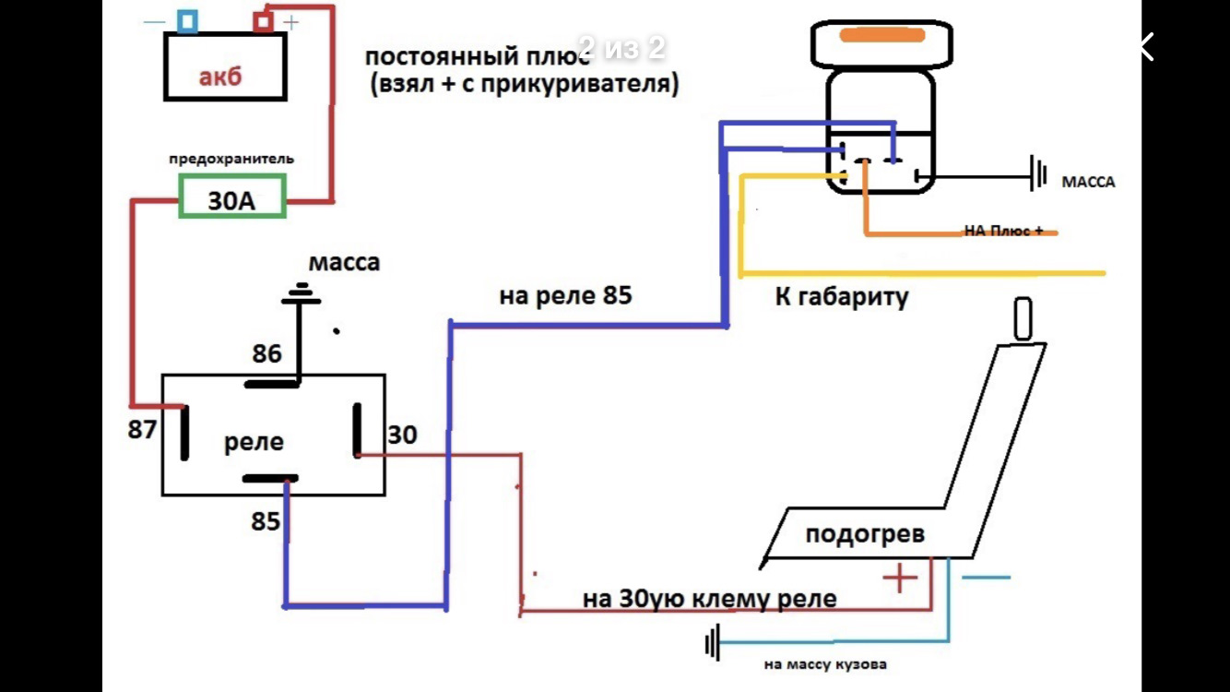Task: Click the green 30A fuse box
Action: point(231,198)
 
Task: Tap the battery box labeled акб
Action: point(224,66)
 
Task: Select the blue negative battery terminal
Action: point(187,20)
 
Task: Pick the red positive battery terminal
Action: point(264,20)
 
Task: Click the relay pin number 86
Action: point(266,354)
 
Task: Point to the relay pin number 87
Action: point(142,430)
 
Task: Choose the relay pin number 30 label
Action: point(401,435)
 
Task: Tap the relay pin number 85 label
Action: point(266,521)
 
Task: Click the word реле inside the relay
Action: point(254,442)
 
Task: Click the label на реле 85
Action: point(565,296)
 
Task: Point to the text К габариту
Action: point(842,297)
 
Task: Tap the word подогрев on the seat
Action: point(864,534)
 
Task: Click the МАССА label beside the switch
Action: point(1088,183)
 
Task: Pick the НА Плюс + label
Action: point(1004,231)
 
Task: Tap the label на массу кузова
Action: point(825,664)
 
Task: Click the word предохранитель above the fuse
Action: point(231,159)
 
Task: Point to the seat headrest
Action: point(1023,318)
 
